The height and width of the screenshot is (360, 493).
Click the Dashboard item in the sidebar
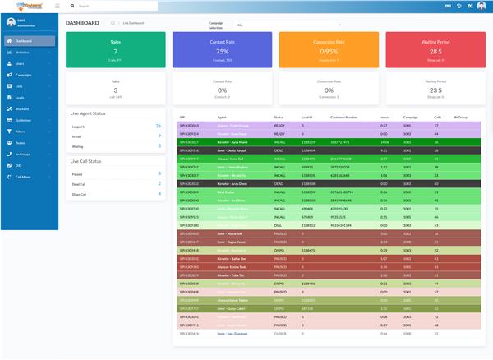(x=23, y=40)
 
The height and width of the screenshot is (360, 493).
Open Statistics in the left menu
(x=22, y=52)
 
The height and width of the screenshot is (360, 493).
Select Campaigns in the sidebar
(x=23, y=74)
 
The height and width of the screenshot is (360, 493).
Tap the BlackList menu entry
(x=22, y=108)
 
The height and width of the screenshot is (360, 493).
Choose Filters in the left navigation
(x=21, y=131)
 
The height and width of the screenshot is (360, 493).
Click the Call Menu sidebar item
(x=23, y=176)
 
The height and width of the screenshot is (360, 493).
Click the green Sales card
(x=115, y=49)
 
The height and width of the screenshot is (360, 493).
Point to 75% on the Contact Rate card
(x=222, y=51)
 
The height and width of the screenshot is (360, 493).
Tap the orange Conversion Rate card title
(x=329, y=42)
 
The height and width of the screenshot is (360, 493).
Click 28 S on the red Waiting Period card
(x=436, y=51)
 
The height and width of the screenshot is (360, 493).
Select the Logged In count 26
(x=158, y=126)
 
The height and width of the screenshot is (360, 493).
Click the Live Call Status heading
(x=87, y=160)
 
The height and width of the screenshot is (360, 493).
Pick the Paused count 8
(x=159, y=173)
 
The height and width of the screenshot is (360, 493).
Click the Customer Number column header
(x=343, y=117)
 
